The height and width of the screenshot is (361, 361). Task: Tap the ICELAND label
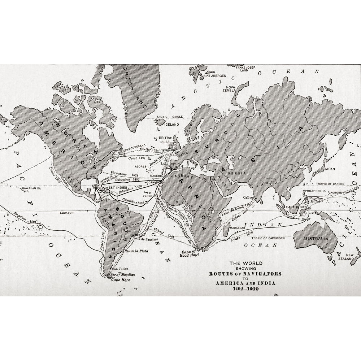click(x=171, y=124)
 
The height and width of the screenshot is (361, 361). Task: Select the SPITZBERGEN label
click(x=215, y=76)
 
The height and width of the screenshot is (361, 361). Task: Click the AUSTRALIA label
click(x=316, y=239)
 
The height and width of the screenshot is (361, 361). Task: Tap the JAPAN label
click(x=329, y=169)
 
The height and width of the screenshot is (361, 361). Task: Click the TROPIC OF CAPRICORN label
click(x=268, y=238)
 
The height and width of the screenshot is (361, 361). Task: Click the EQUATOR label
click(x=67, y=213)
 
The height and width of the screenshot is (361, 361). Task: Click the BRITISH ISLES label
click(x=166, y=140)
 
